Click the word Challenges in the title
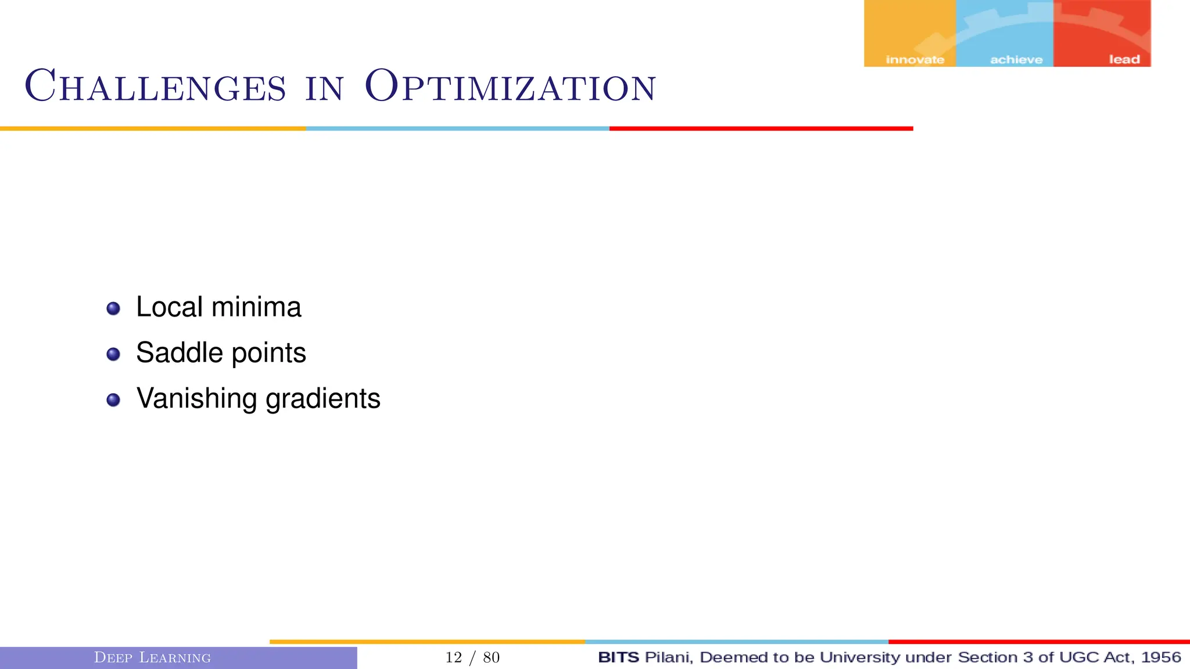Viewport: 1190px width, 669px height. click(x=155, y=87)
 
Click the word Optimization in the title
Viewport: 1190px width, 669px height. click(x=510, y=87)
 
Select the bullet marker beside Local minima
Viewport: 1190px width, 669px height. click(x=113, y=308)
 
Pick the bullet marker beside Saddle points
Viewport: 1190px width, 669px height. click(x=113, y=354)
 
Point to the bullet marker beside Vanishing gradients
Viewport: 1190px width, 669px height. click(x=113, y=400)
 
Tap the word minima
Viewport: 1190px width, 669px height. click(x=256, y=307)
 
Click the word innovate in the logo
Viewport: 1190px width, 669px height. click(x=915, y=60)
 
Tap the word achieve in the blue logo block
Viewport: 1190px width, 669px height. click(x=1016, y=60)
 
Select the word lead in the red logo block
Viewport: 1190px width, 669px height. click(x=1124, y=60)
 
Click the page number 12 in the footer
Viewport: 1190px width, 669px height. click(x=453, y=657)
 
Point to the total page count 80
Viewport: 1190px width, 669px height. click(x=492, y=657)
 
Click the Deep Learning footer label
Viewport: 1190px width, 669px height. click(x=152, y=658)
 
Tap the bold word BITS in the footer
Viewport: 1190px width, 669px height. click(x=618, y=657)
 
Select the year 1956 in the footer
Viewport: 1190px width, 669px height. click(x=1161, y=657)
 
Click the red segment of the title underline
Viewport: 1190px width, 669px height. click(x=761, y=128)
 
